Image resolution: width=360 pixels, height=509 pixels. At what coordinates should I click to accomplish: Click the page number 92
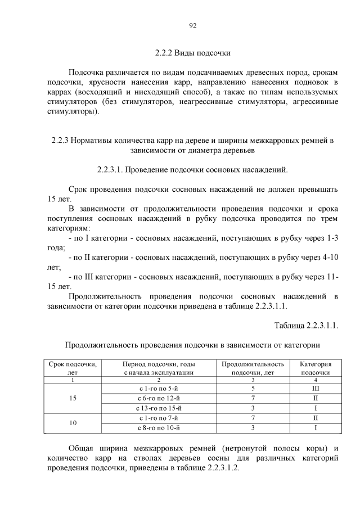(192, 25)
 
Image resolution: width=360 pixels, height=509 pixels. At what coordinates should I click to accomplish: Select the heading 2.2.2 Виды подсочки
(192, 53)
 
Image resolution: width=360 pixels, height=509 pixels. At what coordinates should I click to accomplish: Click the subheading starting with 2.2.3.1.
(192, 169)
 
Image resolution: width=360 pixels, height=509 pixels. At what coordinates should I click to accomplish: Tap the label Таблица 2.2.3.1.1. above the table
(306, 326)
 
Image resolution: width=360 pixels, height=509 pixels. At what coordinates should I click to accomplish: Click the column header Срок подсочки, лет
(73, 368)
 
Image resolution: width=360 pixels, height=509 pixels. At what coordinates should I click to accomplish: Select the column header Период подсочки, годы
(159, 368)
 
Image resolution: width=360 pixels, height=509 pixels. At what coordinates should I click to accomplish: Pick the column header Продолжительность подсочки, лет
(253, 368)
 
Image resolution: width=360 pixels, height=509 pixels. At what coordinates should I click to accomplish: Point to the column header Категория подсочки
(316, 368)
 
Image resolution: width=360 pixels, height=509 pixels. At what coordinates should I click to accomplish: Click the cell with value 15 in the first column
(73, 398)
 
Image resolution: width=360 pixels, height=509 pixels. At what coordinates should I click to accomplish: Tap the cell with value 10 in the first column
(73, 422)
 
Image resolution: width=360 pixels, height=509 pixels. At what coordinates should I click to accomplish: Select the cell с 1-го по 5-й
(159, 388)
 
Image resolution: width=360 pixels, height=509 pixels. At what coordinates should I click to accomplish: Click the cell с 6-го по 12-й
(159, 398)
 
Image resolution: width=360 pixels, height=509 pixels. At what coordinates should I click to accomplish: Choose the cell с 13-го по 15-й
(159, 408)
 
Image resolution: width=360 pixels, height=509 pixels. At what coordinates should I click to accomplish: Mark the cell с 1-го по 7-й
(159, 418)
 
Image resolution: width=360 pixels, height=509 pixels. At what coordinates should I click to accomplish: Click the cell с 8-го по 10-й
(159, 428)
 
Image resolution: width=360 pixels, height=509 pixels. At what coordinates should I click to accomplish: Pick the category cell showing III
(316, 388)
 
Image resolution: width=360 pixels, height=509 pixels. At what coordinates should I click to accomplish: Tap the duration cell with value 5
(253, 388)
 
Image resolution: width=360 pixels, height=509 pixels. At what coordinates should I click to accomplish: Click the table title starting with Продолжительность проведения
(192, 345)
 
